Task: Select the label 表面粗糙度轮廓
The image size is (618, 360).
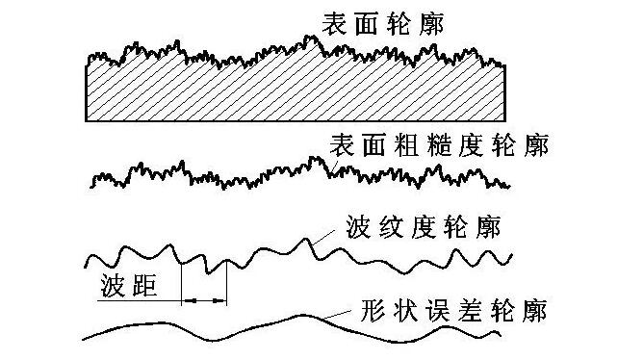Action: (x=438, y=146)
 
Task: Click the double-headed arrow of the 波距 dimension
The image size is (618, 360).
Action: (x=204, y=302)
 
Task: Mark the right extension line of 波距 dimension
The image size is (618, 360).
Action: (x=226, y=284)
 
